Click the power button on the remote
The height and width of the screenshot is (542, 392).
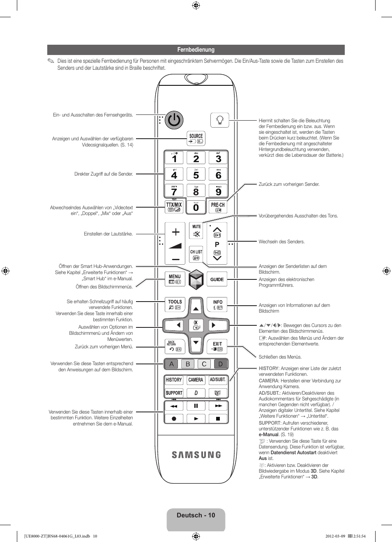[174, 120]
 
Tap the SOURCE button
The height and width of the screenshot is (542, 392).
[196, 138]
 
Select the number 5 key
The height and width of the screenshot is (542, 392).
[196, 174]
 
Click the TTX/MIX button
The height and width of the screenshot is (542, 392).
[174, 207]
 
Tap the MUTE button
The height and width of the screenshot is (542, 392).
[196, 230]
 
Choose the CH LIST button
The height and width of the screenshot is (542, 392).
[196, 254]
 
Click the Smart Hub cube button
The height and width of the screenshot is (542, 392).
[196, 279]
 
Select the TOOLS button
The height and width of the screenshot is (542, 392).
[175, 304]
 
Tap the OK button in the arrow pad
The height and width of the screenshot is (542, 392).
[196, 325]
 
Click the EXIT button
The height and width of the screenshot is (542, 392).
[217, 346]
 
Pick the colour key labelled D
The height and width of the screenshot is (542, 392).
[221, 364]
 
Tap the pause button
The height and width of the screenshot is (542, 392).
[196, 406]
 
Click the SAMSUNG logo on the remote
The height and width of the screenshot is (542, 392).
[196, 455]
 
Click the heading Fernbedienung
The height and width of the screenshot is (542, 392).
[196, 50]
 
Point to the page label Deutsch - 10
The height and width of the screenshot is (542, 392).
[196, 515]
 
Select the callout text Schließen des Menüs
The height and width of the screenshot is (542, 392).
[280, 357]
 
